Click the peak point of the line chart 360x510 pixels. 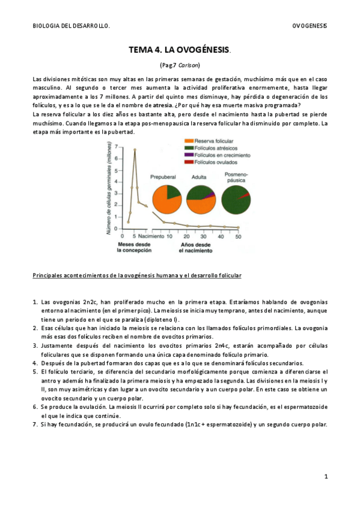135,149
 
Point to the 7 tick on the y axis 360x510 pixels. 116,147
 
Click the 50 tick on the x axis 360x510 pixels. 238,237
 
